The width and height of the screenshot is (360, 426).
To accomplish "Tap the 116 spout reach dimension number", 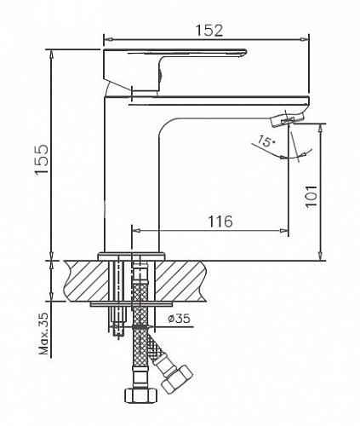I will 220,221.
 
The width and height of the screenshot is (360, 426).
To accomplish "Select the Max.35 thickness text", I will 43,333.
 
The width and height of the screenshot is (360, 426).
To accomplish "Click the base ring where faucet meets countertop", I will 132,254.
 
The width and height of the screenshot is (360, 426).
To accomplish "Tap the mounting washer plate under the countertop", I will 132,302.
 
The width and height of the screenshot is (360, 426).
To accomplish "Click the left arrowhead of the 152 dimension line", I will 106,38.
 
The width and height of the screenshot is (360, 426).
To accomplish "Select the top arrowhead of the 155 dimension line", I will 53,52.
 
